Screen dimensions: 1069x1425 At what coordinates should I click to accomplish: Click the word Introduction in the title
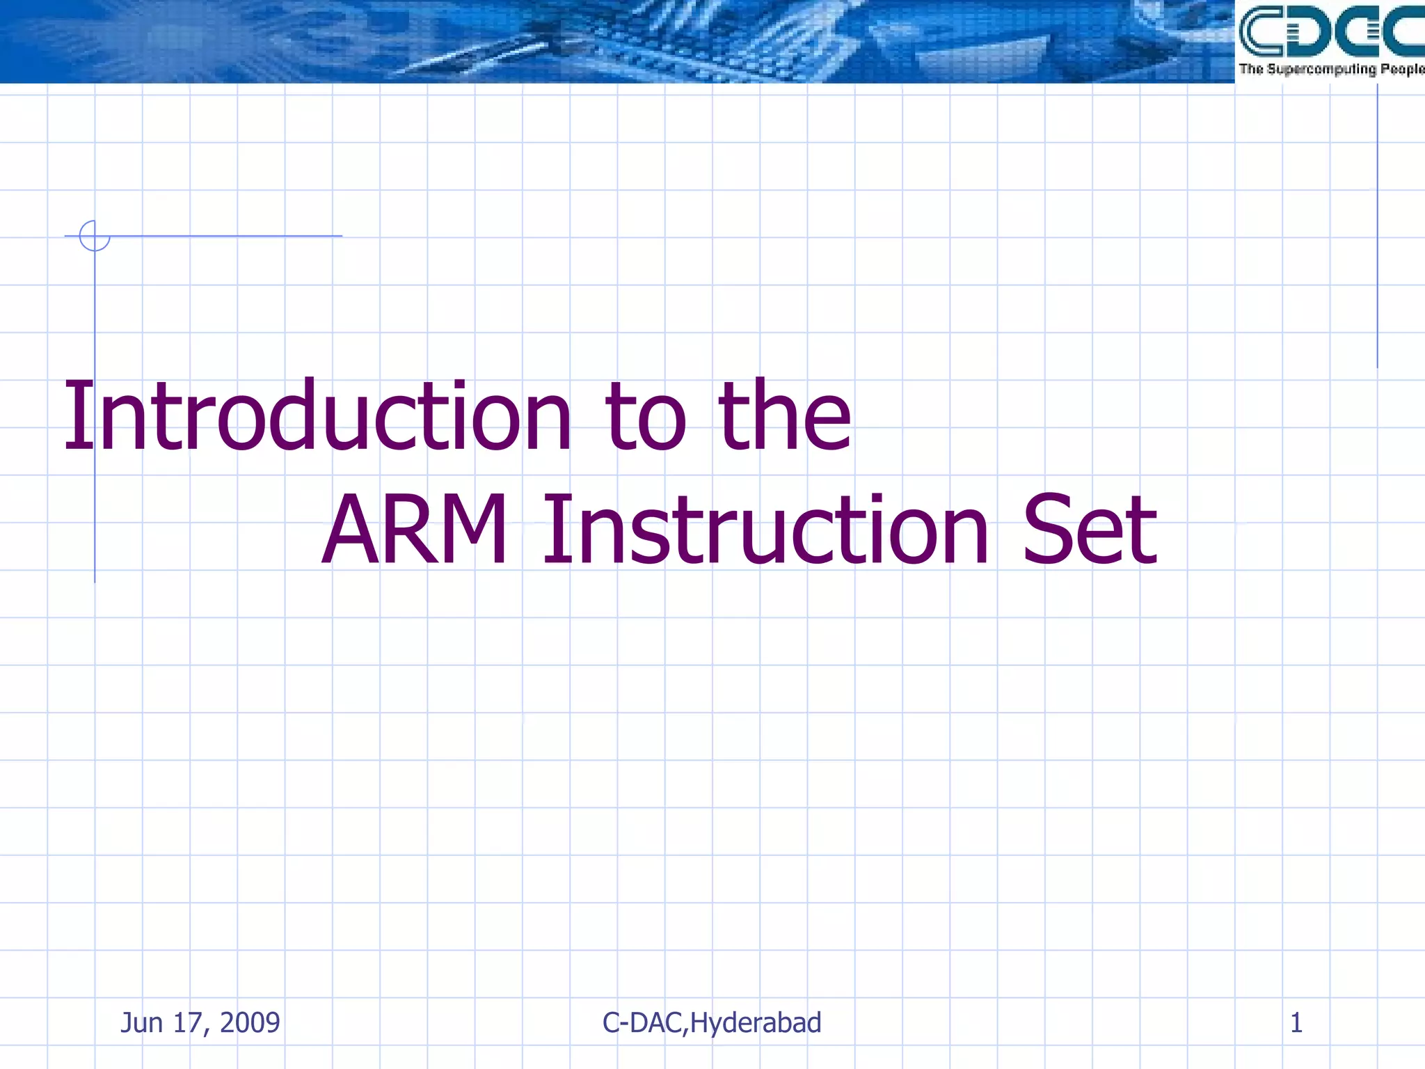pos(317,416)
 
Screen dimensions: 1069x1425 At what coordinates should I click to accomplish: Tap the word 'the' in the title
pos(784,416)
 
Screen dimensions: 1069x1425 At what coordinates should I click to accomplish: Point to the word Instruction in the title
pos(765,530)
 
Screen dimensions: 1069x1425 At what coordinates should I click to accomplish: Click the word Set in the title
pos(1090,530)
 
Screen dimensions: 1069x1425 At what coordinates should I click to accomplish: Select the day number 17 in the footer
pos(187,1023)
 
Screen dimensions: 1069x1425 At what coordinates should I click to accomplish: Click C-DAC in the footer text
pos(644,1023)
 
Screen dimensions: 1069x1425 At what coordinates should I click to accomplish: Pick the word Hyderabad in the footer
pos(756,1023)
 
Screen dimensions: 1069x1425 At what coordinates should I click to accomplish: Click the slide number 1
pos(1296,1023)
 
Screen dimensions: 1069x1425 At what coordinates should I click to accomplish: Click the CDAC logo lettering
pos(1330,31)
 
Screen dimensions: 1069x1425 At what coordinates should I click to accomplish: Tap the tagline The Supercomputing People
pos(1330,69)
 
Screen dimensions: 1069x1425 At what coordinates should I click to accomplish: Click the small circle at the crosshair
pos(95,236)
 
